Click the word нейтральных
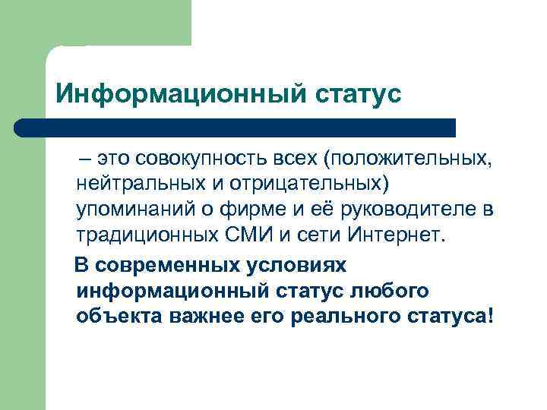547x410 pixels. (132, 184)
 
